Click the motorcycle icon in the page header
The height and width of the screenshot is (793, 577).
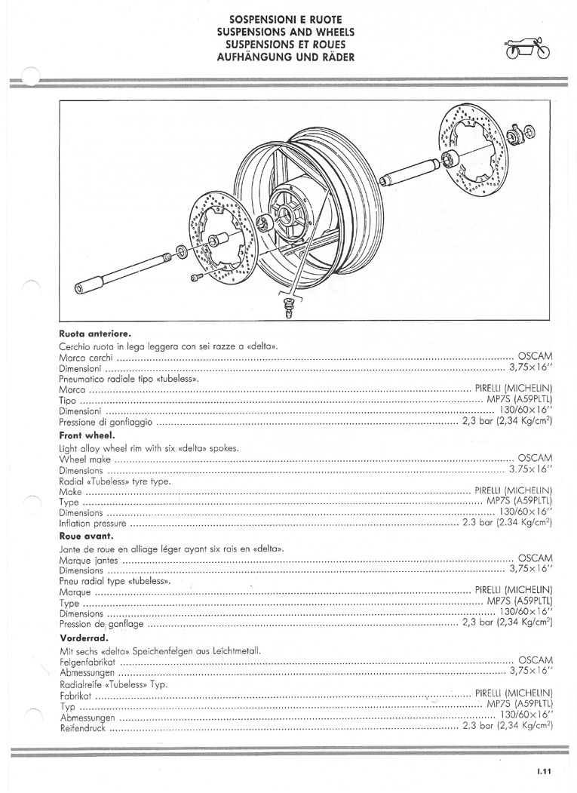coord(527,48)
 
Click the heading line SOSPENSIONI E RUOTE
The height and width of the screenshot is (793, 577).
coord(286,20)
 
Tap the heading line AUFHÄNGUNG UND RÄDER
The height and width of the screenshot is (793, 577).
coord(286,57)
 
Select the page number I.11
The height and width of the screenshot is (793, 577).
coord(544,771)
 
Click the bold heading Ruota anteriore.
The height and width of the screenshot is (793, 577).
coord(96,333)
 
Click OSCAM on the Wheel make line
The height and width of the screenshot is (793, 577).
coord(536,458)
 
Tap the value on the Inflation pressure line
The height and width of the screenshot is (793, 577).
coord(507,522)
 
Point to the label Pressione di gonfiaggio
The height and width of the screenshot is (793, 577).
coord(106,422)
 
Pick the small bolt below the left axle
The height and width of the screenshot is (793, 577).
coord(197,277)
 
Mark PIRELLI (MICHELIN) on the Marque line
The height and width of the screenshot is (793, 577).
coord(514,590)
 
